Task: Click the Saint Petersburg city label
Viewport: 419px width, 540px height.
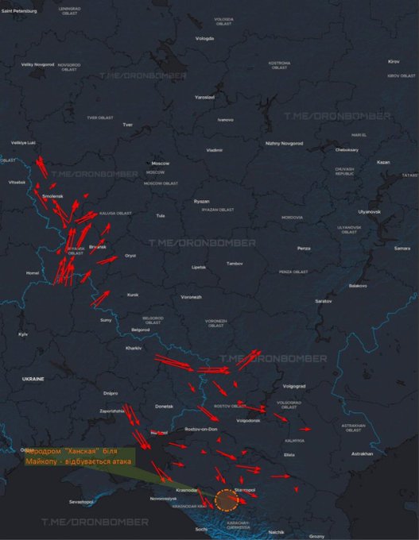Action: point(19,10)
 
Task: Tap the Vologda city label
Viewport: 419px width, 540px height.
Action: point(205,38)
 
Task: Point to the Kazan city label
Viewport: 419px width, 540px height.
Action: point(383,162)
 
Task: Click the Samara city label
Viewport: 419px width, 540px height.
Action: point(402,248)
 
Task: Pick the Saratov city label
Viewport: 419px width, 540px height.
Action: point(323,302)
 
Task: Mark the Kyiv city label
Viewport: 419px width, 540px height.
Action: point(23,334)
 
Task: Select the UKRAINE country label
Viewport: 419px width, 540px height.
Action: point(33,380)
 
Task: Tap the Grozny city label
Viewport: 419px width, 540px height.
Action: point(316,535)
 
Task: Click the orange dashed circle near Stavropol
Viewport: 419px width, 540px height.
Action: point(227,499)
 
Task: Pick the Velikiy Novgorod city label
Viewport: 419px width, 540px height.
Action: point(37,64)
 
